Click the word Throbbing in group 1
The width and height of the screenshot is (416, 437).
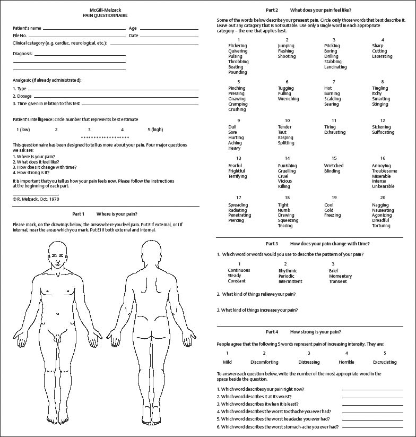point(238,62)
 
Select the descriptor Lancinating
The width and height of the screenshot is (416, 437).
point(335,67)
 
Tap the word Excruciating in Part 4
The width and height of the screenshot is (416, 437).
point(385,362)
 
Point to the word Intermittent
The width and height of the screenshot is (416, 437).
point(290,281)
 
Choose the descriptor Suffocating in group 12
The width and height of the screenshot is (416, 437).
point(383,132)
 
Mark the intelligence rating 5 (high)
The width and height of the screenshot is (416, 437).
point(155,130)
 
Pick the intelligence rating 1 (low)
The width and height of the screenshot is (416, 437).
point(23,130)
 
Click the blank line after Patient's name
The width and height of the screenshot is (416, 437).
point(88,28)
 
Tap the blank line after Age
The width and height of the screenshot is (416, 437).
point(169,28)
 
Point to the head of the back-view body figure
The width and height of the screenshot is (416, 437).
point(151,251)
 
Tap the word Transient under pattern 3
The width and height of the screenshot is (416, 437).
point(337,281)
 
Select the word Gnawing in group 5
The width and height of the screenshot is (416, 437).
point(237,99)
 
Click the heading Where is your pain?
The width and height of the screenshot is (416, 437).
point(117,213)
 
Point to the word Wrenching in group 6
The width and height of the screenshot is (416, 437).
point(288,99)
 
